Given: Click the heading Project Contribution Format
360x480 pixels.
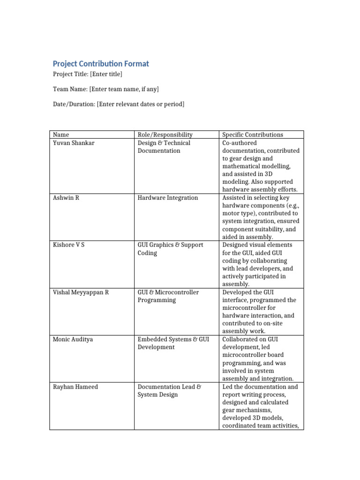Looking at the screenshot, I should (101, 64).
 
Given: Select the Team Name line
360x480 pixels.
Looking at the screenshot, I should (109, 89).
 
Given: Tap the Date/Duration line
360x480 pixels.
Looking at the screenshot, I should (118, 104).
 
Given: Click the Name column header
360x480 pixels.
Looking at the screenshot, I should (61, 135).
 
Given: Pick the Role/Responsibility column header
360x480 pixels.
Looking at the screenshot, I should (165, 135).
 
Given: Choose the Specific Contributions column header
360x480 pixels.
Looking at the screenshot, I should (253, 135).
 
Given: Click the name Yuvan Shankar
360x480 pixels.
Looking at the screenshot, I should (74, 143).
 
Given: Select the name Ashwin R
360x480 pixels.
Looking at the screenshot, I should (66, 198).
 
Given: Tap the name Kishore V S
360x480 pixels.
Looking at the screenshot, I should (69, 245).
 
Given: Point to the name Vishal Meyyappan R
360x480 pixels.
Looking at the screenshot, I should (81, 292).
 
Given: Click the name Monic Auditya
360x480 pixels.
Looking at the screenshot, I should (73, 339).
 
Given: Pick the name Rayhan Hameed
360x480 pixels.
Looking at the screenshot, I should (75, 387).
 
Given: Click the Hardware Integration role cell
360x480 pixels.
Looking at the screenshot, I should (168, 198).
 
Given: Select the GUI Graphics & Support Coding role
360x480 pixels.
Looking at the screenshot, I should (170, 249).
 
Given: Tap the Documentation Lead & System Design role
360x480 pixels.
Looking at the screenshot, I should (169, 390).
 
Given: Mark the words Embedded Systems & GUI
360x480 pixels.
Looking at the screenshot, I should (173, 339).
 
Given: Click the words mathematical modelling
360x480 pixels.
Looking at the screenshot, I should (256, 166).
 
